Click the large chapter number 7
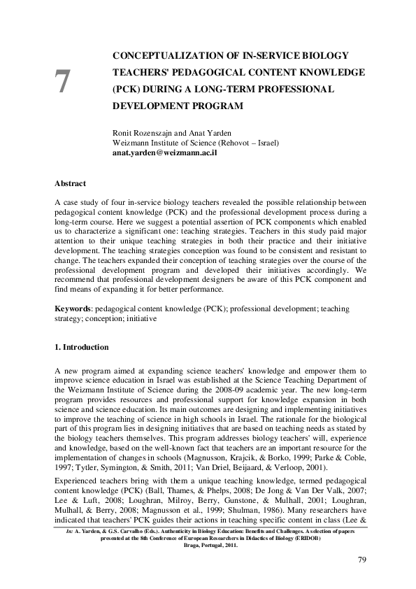(x=63, y=82)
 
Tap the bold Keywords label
(x=72, y=308)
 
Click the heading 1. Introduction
(x=82, y=347)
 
